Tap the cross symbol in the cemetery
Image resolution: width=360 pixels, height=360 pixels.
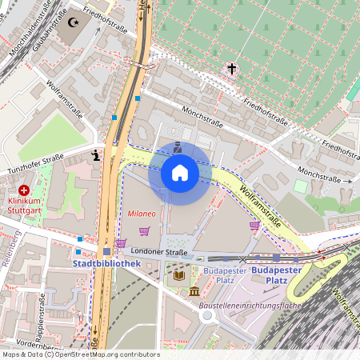click(233, 69)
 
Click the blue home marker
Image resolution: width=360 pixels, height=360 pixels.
click(180, 173)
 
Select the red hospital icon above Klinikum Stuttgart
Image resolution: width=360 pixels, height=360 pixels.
click(24, 190)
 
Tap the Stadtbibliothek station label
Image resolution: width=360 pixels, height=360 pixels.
click(106, 263)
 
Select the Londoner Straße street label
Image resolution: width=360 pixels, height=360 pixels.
click(166, 252)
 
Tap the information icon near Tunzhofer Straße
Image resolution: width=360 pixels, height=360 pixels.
click(96, 156)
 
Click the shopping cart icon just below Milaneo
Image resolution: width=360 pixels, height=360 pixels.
click(144, 231)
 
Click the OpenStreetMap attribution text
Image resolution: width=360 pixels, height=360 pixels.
click(80, 354)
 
